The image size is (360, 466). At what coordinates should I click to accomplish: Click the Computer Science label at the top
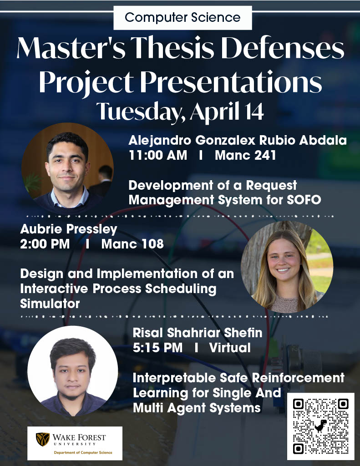click(182, 18)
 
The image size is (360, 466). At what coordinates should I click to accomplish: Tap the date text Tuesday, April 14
click(180, 111)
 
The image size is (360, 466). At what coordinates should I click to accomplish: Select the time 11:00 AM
click(157, 156)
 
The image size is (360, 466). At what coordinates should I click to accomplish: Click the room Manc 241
click(245, 156)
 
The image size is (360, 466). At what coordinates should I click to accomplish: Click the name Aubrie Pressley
click(69, 228)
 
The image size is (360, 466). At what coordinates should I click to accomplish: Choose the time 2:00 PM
click(45, 244)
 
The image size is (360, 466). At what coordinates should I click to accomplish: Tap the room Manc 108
click(132, 244)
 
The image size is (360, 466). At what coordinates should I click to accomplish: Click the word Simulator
click(50, 303)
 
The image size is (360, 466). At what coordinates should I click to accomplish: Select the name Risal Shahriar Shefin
click(198, 333)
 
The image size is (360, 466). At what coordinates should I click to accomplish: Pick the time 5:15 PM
click(157, 348)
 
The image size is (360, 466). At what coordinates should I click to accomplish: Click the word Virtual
click(230, 348)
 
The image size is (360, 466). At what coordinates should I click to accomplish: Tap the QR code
click(320, 426)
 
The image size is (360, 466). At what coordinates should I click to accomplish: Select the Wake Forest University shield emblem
click(43, 439)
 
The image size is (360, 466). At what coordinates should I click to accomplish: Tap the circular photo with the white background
click(73, 371)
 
